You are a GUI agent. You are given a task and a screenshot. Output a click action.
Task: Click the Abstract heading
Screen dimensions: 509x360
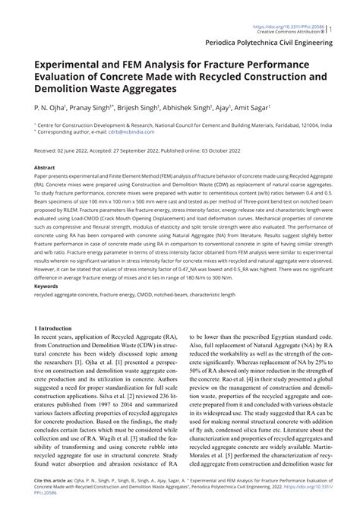(x=45, y=166)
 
